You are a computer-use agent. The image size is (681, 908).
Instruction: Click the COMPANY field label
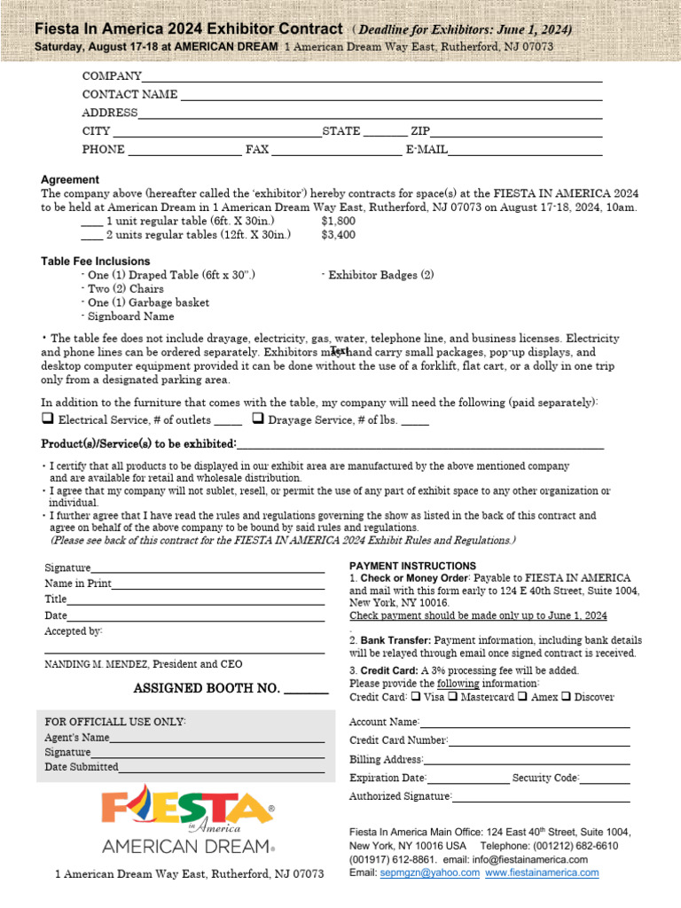[112, 76]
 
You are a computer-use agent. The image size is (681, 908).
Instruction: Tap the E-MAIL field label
[427, 149]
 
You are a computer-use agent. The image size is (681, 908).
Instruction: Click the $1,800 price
[338, 221]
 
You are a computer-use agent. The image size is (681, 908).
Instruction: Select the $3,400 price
[338, 235]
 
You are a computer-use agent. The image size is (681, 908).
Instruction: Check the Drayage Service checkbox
[257, 419]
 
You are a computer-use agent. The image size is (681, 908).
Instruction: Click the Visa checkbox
[417, 697]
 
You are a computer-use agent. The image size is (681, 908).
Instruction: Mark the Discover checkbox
[566, 697]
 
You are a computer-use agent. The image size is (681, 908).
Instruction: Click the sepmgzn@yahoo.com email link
[429, 873]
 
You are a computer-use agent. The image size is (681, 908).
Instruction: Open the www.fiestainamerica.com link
[541, 873]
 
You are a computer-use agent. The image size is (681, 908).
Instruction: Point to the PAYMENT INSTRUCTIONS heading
[412, 566]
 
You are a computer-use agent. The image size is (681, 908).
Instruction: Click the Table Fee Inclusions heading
[96, 262]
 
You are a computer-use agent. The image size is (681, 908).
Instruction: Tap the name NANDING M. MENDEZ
[99, 664]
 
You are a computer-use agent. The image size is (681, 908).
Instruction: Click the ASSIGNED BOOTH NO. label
[207, 688]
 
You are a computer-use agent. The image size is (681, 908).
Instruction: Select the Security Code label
[545, 778]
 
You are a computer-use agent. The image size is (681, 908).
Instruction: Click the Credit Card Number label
[398, 740]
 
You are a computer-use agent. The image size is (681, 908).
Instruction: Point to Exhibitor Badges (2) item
[378, 276]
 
